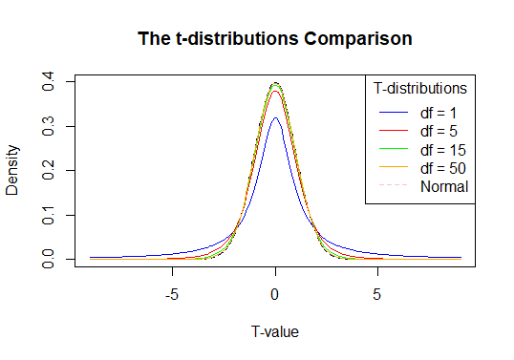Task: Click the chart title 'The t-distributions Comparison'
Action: tap(275, 39)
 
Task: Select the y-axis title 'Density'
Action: tap(13, 170)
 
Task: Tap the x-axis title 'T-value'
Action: tap(275, 331)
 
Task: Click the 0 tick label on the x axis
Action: tap(275, 294)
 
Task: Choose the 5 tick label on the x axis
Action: tap(377, 294)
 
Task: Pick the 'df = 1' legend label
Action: tap(440, 113)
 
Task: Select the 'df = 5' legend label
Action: tap(440, 131)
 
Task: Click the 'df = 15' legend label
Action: tap(444, 150)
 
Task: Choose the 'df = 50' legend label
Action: tap(444, 168)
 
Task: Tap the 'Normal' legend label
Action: tap(444, 186)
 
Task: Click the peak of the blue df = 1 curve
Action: tap(275, 118)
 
